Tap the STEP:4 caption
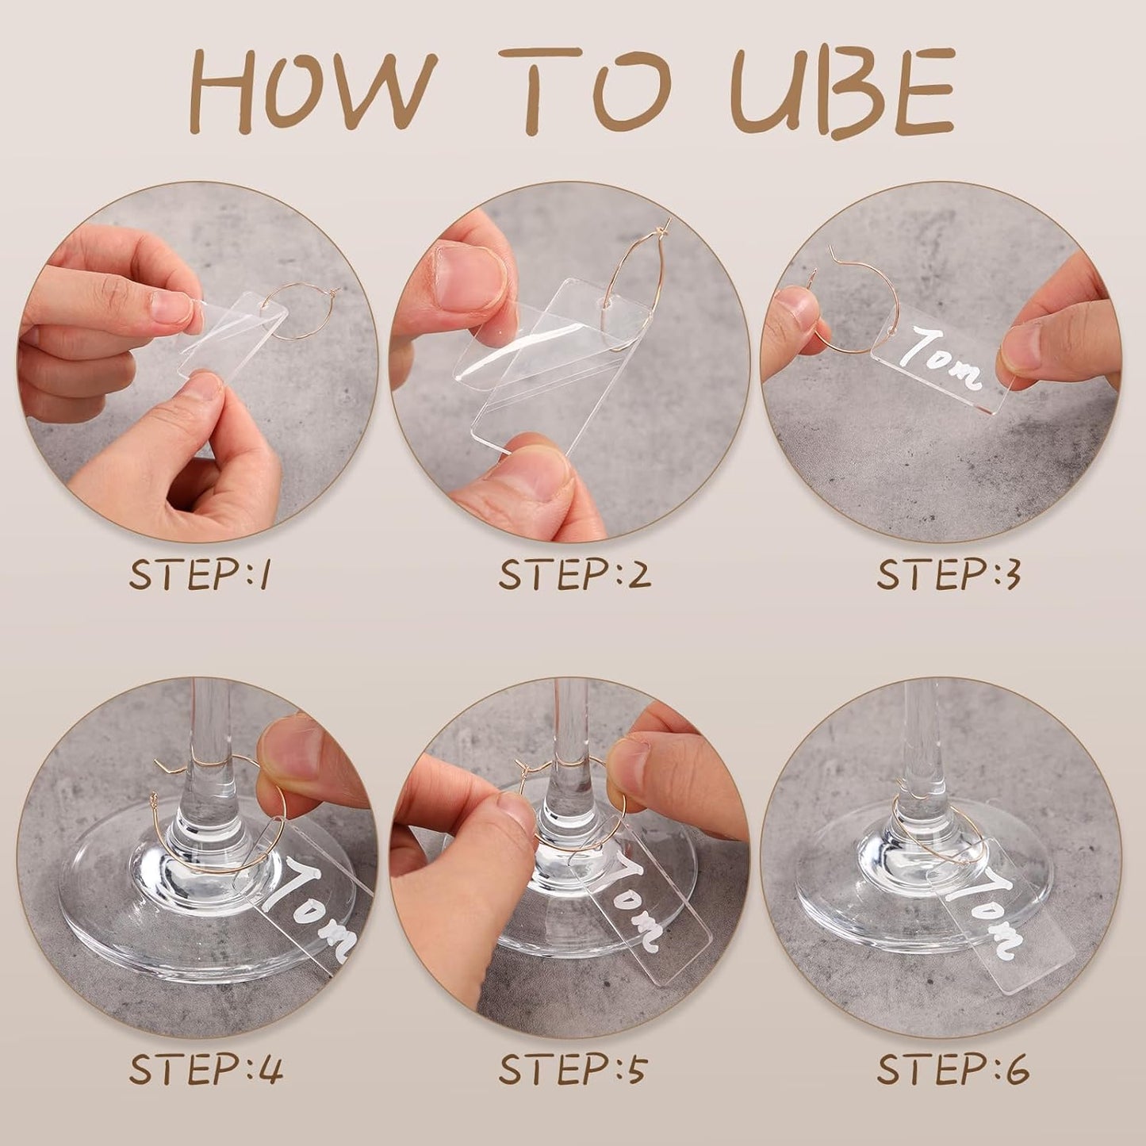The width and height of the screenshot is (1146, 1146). pos(205,1069)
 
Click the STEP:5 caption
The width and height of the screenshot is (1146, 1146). pos(572,1069)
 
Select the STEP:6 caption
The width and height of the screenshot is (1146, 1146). pos(952,1069)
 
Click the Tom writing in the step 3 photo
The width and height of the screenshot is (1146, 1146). pos(947,357)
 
